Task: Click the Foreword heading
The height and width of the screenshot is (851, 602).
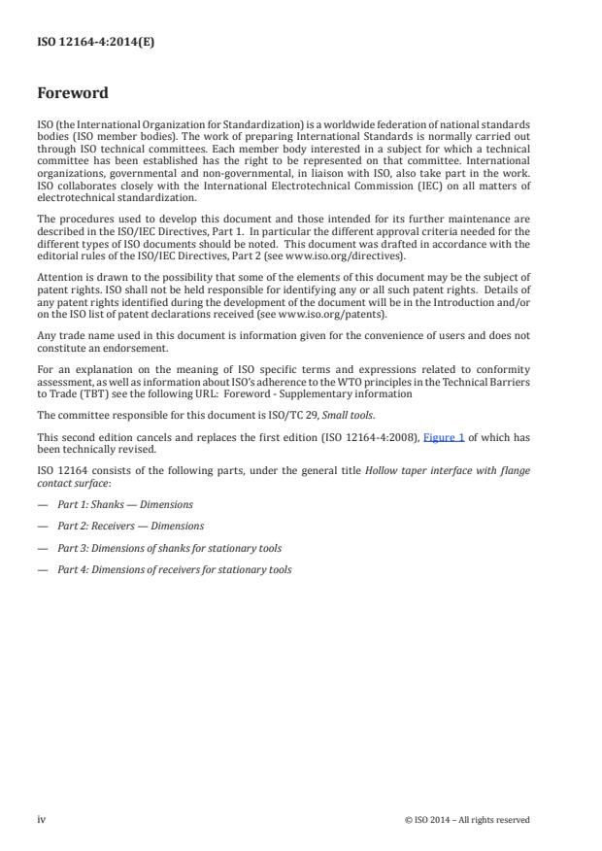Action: click(74, 94)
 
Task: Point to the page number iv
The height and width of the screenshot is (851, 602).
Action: click(42, 819)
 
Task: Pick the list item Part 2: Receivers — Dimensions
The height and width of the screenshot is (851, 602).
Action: click(130, 526)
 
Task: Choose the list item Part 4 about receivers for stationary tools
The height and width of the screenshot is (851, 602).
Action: click(174, 569)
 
